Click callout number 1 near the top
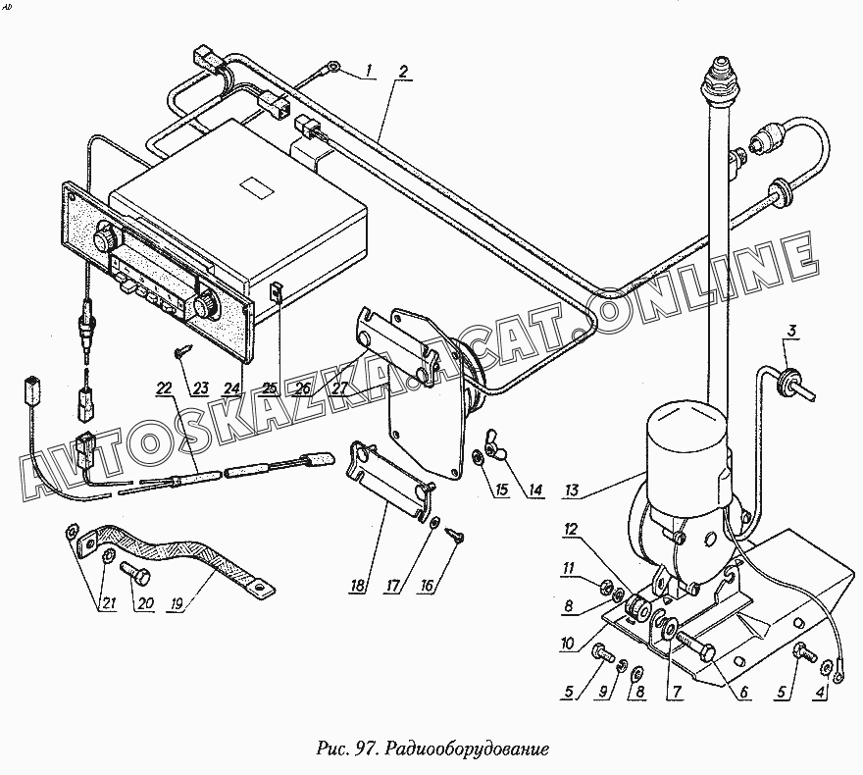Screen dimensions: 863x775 click(x=370, y=71)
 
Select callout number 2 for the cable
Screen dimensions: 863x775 click(x=403, y=71)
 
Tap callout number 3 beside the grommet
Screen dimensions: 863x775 click(x=790, y=332)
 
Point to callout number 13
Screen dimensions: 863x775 click(x=572, y=490)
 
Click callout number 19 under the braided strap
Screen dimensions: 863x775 click(x=177, y=604)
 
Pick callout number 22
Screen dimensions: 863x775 click(x=164, y=388)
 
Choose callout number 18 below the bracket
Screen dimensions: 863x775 click(x=358, y=585)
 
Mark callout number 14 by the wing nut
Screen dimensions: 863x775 click(x=535, y=490)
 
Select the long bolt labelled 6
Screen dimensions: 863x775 click(x=695, y=646)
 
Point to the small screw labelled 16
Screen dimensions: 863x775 click(x=456, y=534)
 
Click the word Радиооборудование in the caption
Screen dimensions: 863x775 click(x=467, y=749)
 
